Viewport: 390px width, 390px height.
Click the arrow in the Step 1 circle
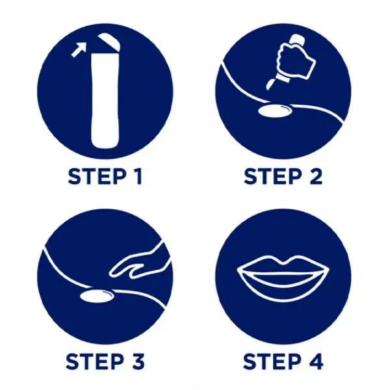[x=79, y=49]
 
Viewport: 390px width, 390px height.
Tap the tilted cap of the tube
[x=109, y=42]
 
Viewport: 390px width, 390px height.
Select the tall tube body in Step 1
[x=105, y=101]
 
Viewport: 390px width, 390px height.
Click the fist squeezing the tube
[x=296, y=60]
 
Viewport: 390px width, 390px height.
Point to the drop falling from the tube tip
[x=270, y=84]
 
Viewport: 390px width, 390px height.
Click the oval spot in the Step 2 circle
[x=275, y=110]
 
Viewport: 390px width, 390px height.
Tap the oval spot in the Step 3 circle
[x=97, y=296]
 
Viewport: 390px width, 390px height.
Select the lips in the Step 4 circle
[x=283, y=274]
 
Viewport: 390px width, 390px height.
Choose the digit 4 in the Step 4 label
[x=316, y=361]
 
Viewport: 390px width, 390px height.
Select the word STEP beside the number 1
[x=97, y=176]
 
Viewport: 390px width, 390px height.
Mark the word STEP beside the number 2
[x=273, y=176]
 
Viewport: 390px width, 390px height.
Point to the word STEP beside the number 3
[x=95, y=361]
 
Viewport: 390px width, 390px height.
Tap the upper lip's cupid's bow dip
[x=283, y=263]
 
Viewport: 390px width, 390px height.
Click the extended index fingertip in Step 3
[x=111, y=274]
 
